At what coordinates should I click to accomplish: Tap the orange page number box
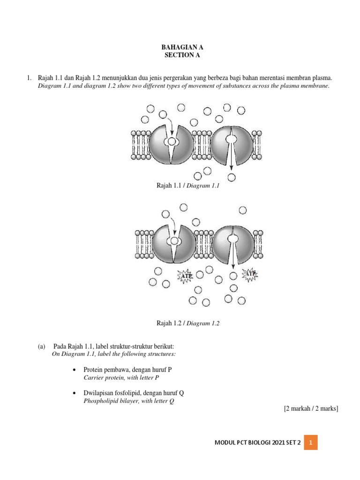311,442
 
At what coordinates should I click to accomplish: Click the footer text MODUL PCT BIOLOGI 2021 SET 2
257,442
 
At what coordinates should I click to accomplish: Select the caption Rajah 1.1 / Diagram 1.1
188,186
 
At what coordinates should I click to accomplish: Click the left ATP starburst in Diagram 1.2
184,277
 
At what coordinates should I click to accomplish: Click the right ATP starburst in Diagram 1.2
249,275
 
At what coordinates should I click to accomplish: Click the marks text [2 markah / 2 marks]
311,409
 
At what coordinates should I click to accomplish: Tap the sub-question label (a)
42,346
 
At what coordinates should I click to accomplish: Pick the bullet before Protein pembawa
75,369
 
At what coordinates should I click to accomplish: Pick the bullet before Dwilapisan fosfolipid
75,394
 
